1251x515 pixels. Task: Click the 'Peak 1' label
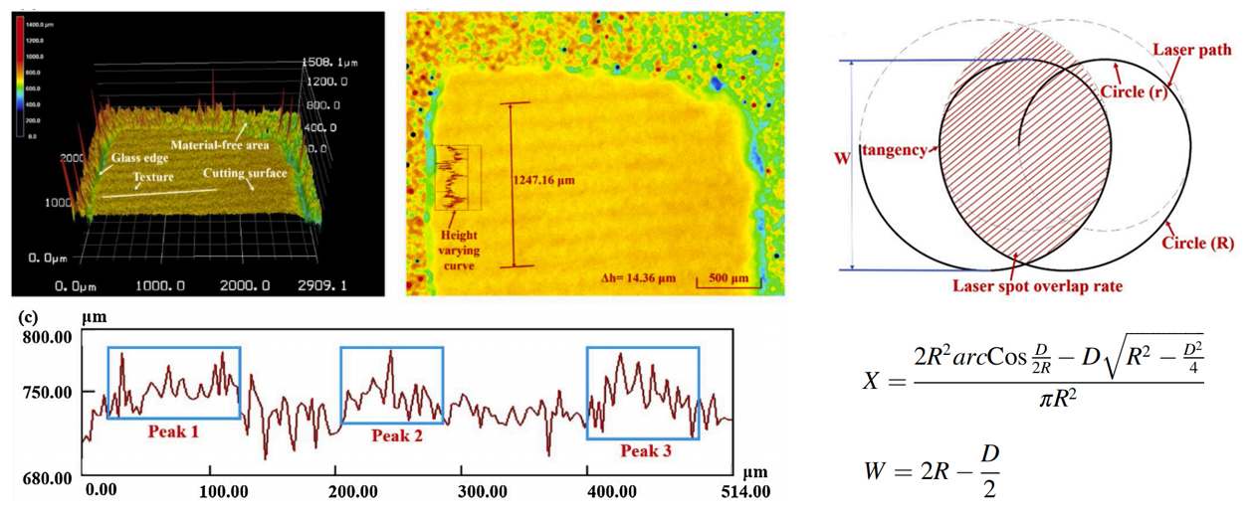[x=174, y=431]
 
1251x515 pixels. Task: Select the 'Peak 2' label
[x=397, y=434]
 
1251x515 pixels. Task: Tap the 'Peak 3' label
[x=647, y=451]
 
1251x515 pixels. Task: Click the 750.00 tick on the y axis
[x=49, y=392]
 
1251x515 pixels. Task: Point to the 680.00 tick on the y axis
[x=49, y=478]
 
